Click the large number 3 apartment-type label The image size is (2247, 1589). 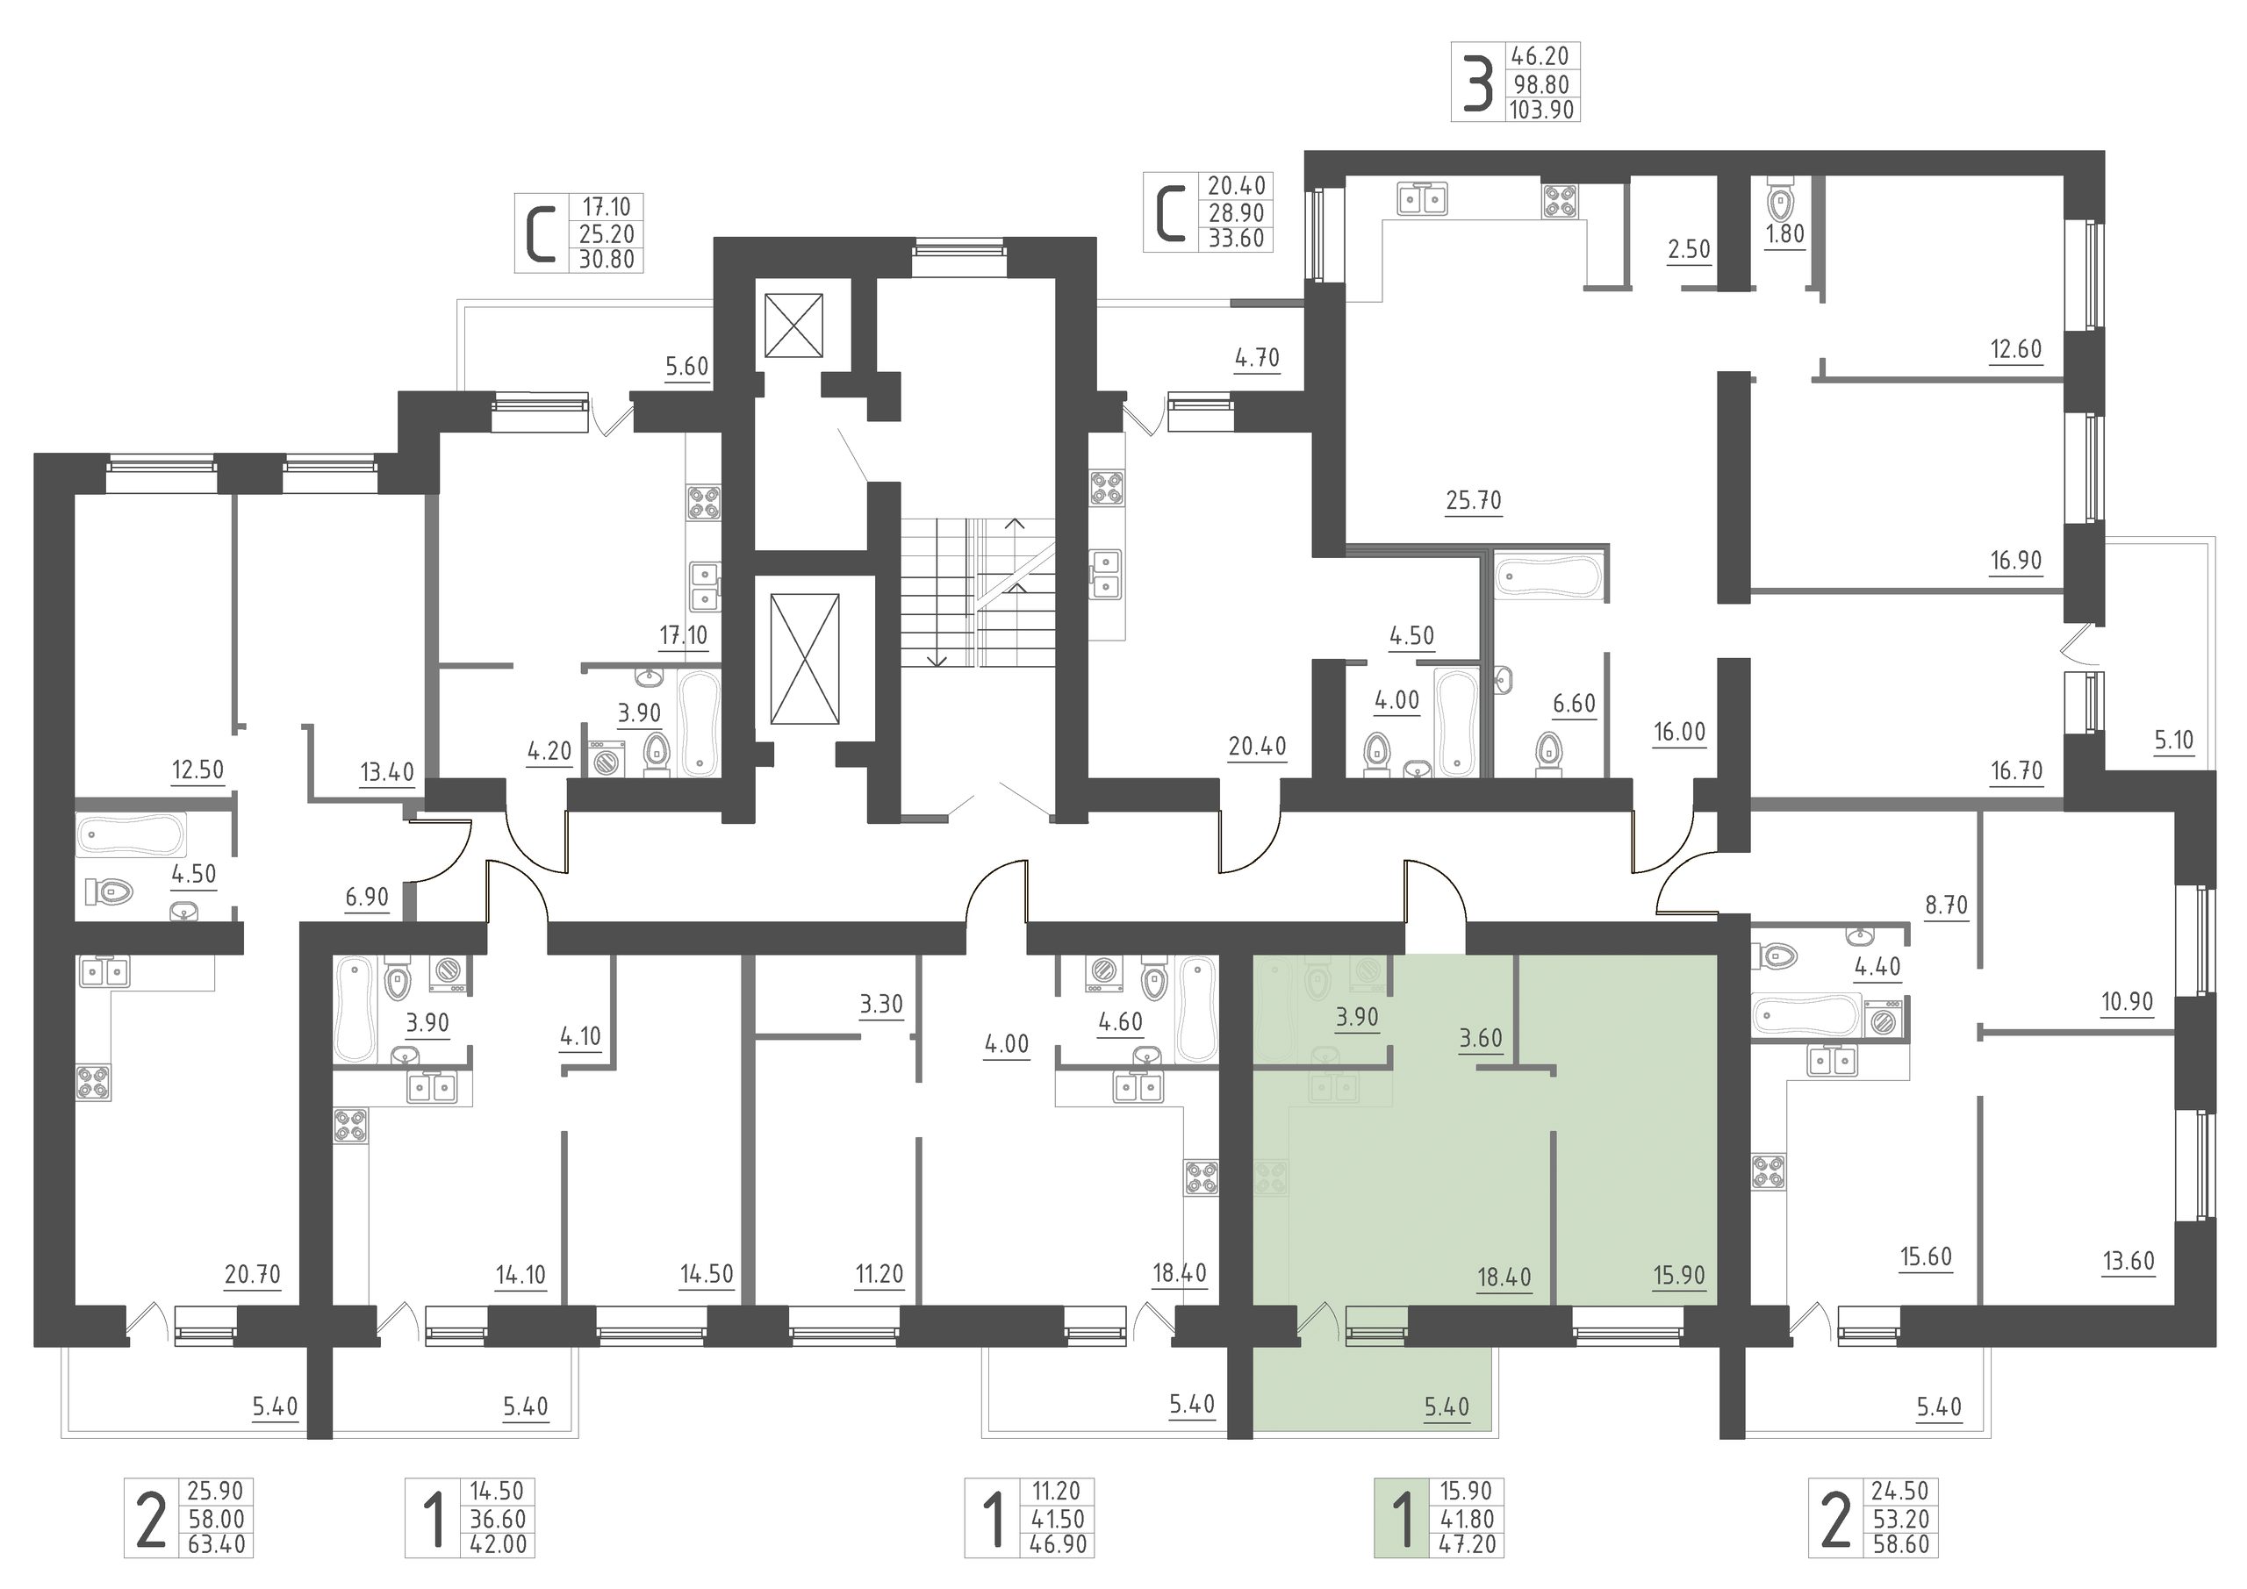[1478, 82]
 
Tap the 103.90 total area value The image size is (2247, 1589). [1542, 110]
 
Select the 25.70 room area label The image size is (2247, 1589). [1473, 501]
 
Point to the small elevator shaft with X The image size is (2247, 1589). [793, 325]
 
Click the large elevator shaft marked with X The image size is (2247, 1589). [805, 658]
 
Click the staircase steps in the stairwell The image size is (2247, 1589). [978, 592]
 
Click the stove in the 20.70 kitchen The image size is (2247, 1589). [94, 1082]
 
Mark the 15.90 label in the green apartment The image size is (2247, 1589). [1678, 1276]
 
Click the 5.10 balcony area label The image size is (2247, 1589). [2173, 741]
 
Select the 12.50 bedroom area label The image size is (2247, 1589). [197, 770]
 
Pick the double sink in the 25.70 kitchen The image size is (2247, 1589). [1422, 199]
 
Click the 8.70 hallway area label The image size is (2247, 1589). [1947, 905]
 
